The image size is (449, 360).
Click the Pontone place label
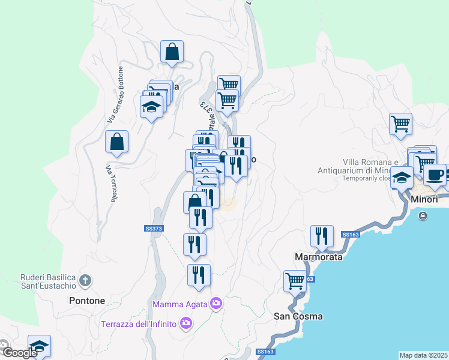click(87, 301)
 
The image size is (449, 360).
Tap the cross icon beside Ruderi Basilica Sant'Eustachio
click(86, 280)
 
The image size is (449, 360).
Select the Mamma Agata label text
click(179, 304)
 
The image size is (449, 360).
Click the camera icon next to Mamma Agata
click(216, 304)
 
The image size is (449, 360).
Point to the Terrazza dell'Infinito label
click(138, 325)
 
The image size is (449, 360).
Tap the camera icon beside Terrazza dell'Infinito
click(186, 324)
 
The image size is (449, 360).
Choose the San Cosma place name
click(298, 316)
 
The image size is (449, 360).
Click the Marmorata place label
click(319, 257)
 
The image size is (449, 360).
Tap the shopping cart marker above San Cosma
click(295, 280)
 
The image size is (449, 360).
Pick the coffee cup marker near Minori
click(435, 175)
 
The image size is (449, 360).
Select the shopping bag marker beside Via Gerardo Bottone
click(116, 142)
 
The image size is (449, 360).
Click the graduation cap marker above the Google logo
click(39, 346)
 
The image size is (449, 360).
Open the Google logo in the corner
click(19, 353)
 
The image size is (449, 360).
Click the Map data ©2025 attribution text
click(424, 355)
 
